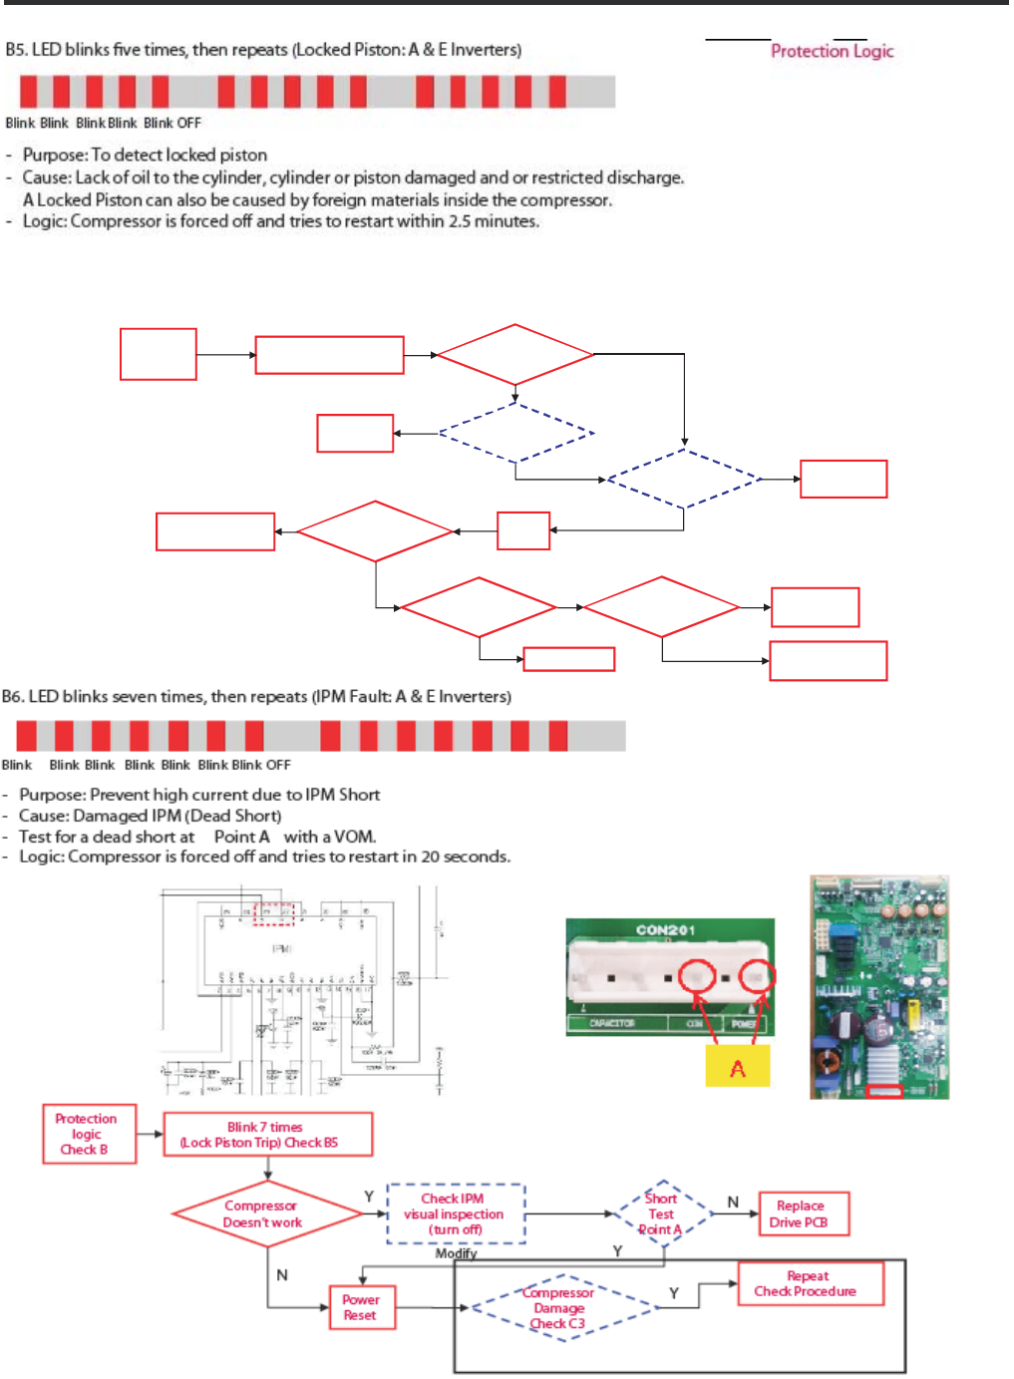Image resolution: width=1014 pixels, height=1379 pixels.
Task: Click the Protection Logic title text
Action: (x=832, y=51)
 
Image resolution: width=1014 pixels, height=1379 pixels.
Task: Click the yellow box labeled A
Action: (x=737, y=1068)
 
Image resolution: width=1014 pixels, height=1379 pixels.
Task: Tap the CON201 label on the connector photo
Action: (x=666, y=930)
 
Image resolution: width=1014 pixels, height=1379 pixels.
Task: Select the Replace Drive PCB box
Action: (x=804, y=1213)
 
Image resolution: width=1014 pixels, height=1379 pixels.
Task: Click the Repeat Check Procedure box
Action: (x=809, y=1283)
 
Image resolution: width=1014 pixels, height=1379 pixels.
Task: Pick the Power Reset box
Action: (x=361, y=1307)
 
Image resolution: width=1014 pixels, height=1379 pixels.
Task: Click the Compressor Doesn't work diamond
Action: (x=265, y=1213)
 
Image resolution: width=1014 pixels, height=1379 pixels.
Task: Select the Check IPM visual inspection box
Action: (x=455, y=1213)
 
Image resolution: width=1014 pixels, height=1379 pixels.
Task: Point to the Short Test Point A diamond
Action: (x=661, y=1213)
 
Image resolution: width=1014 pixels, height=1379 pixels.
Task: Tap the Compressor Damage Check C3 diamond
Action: (x=559, y=1308)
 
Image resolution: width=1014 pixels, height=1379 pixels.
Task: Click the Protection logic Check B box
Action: (x=88, y=1134)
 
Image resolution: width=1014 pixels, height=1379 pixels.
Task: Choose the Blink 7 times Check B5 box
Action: (x=267, y=1135)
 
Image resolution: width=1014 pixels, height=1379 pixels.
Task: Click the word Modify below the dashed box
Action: (x=456, y=1253)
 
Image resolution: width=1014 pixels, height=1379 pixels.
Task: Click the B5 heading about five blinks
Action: (x=263, y=50)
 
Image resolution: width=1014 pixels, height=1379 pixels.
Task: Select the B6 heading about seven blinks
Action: (x=256, y=696)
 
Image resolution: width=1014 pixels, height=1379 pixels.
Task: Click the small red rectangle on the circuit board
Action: (x=884, y=1091)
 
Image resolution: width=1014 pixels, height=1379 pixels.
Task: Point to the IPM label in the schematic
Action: (x=282, y=949)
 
